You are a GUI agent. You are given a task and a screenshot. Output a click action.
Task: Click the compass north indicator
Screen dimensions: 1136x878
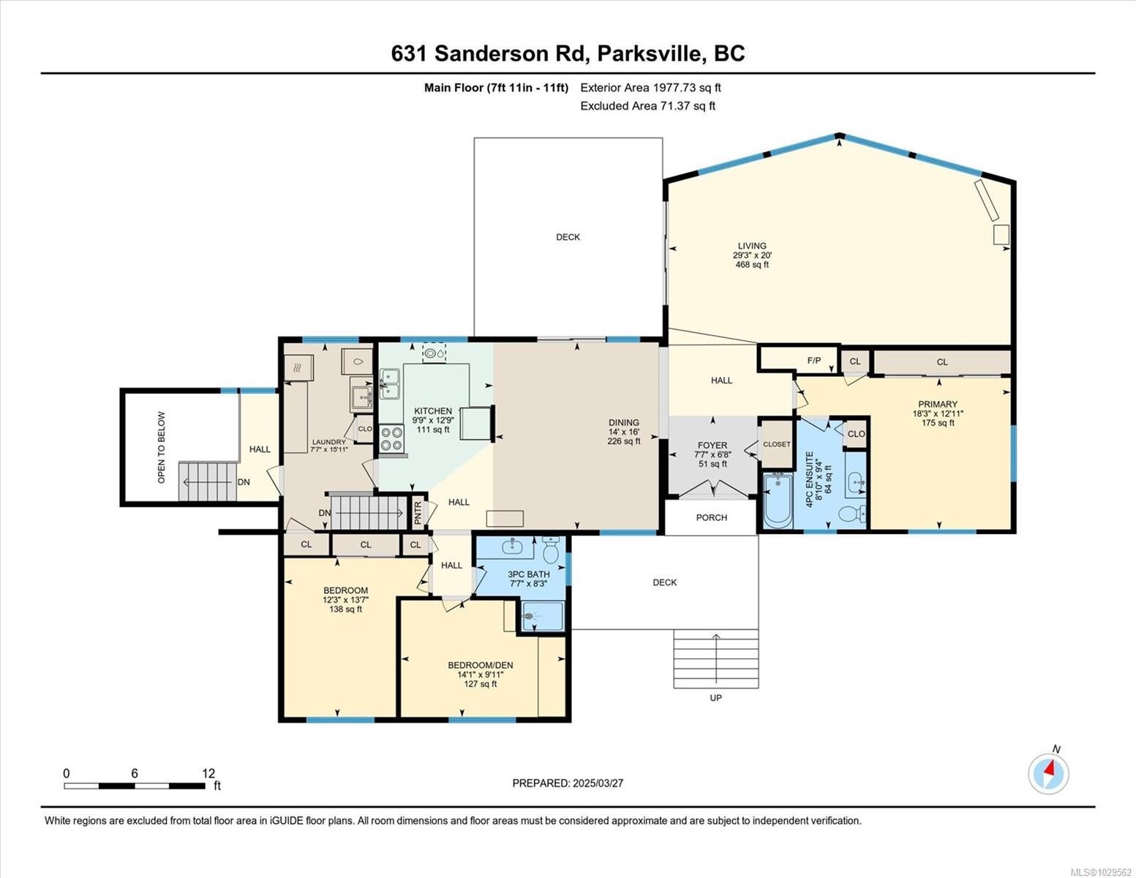tap(1048, 773)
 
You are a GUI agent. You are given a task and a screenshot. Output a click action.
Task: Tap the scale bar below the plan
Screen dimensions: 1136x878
tap(135, 786)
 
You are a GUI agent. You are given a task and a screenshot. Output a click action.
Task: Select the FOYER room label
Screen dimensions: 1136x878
tap(712, 446)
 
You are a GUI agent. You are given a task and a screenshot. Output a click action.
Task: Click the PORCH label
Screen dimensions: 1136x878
tap(712, 517)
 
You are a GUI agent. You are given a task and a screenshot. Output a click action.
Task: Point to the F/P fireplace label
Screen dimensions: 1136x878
tap(814, 360)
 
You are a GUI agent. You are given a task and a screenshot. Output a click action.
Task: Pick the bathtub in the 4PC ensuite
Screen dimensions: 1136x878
tap(778, 500)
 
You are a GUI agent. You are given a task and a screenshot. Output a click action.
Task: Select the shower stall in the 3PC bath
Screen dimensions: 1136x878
tap(543, 617)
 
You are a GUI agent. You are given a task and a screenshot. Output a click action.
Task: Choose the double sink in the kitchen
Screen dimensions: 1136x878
tap(389, 384)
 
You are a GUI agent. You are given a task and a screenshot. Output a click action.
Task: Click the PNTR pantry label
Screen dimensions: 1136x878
tap(418, 513)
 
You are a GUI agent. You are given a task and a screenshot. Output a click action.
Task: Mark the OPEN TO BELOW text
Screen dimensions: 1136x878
tap(161, 447)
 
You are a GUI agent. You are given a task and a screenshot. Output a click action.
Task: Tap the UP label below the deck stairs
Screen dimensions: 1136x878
tap(715, 697)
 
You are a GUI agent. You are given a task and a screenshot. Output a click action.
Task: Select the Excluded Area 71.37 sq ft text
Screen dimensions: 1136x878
tap(647, 106)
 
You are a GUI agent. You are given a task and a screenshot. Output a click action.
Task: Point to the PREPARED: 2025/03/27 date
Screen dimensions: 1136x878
tap(568, 784)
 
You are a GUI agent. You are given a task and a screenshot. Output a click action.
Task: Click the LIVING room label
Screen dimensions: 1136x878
tap(752, 246)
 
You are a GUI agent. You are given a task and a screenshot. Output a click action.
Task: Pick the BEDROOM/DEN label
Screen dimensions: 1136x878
tap(481, 665)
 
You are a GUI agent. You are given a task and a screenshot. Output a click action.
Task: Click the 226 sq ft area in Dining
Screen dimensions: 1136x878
tap(624, 441)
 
